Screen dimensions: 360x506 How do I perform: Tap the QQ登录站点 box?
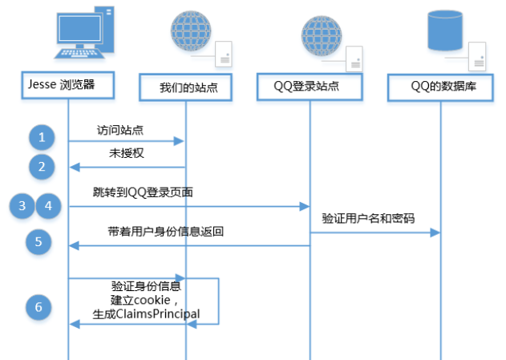tap(310, 87)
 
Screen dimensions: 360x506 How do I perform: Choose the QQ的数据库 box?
tap(442, 87)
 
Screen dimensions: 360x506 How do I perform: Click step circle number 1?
tap(42, 137)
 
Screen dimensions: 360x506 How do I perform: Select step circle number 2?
tap(42, 166)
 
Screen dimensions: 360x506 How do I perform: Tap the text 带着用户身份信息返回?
tap(165, 232)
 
